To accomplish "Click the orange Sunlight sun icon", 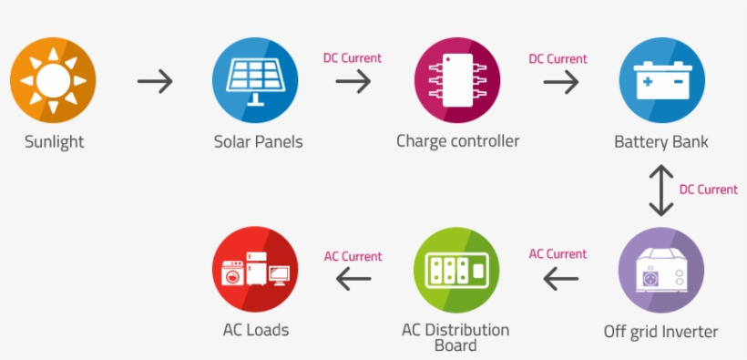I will [x=53, y=80].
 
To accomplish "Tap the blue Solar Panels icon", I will [x=256, y=80].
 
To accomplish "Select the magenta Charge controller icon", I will [x=457, y=80].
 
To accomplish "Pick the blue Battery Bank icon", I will [x=661, y=80].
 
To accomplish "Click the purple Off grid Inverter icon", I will [x=661, y=271].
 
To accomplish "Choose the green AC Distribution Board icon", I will [x=456, y=271].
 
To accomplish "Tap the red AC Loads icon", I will [x=255, y=271].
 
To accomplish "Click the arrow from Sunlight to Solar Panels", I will [x=155, y=81].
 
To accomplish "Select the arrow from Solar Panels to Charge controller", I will [x=353, y=81].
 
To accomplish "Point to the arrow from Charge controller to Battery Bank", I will [x=560, y=81].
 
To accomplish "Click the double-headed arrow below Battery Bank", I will [x=661, y=189].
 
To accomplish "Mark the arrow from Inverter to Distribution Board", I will [x=560, y=279].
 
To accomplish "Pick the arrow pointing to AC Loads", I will [x=353, y=279].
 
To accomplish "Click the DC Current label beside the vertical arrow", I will [x=708, y=190].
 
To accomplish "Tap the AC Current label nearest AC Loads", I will [x=353, y=256].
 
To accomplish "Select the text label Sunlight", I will [x=54, y=143].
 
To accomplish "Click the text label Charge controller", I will [x=457, y=141].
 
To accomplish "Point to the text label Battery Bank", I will [x=661, y=142].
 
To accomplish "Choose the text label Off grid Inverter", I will [x=661, y=332].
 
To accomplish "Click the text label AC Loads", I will [x=255, y=330].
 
